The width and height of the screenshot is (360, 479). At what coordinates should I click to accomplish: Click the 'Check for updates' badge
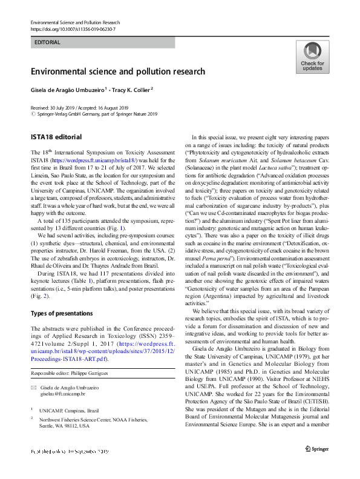(312, 57)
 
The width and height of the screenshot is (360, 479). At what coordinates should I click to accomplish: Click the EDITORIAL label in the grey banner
(48, 43)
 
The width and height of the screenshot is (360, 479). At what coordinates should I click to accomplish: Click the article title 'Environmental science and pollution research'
(118, 71)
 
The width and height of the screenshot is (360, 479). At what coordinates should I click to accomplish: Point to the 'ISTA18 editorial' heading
(56, 137)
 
